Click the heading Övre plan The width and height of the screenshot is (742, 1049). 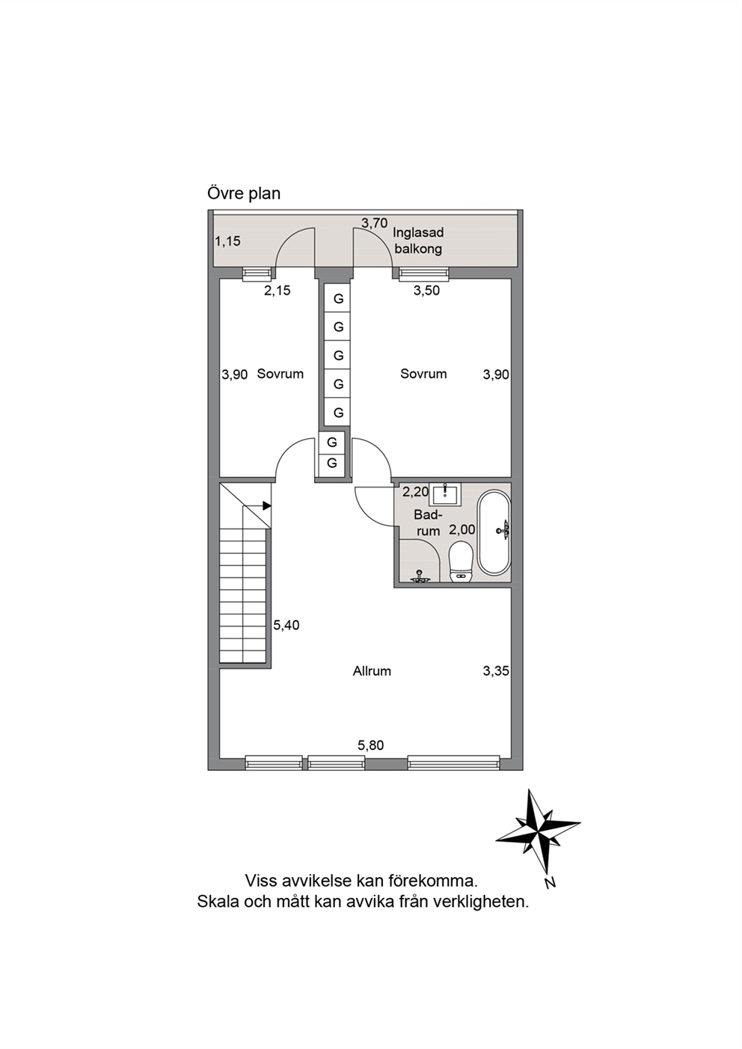point(244,194)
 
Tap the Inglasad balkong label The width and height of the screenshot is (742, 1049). point(418,241)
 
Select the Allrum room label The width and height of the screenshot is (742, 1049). point(372,671)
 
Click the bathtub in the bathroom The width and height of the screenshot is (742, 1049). point(494,532)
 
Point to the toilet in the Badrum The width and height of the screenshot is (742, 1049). point(460,562)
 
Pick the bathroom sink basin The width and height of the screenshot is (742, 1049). point(444,494)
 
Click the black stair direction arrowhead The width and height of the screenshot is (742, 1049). point(267,505)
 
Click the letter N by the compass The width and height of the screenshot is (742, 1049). point(551,883)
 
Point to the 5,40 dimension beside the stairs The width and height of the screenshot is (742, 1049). point(286,625)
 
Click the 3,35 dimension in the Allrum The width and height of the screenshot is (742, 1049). point(496,671)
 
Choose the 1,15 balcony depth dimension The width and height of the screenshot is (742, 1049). point(227,242)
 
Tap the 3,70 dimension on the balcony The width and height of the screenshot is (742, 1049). point(374,223)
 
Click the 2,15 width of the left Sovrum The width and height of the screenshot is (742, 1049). point(278,290)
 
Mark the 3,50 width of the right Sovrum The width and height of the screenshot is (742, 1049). point(427,290)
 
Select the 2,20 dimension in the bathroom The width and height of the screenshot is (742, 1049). point(416,492)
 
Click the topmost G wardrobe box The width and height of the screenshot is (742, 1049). point(338,298)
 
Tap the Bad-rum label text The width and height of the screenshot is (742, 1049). point(428,523)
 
